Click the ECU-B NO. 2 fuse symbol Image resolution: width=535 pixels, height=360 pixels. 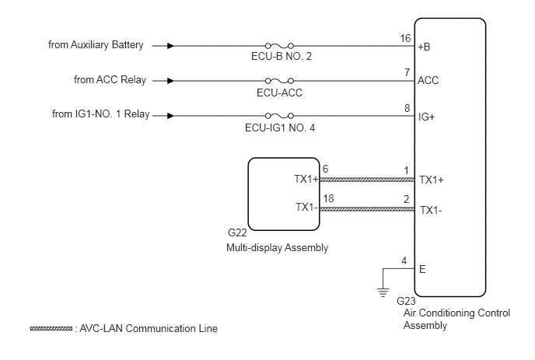coord(279,46)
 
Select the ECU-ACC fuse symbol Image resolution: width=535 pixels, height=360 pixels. coord(279,81)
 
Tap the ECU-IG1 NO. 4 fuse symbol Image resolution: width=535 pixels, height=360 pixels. coord(279,116)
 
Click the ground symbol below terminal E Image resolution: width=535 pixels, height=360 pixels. coord(383,293)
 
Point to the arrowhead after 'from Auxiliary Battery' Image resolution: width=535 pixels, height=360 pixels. coord(170,46)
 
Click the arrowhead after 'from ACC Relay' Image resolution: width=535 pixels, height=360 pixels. coord(170,81)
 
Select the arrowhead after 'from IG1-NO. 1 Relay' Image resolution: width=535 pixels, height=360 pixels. coord(170,116)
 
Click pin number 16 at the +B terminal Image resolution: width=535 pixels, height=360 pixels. coord(405,38)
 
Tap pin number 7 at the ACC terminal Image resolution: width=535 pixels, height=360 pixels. coord(407,72)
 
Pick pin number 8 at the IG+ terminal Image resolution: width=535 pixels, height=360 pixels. coord(407,108)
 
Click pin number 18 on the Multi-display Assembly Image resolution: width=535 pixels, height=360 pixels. coord(328,198)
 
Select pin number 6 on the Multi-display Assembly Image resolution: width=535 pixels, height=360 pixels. coord(326,169)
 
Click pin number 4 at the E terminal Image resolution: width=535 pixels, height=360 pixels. coord(404,261)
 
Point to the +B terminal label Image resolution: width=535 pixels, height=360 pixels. coord(424,47)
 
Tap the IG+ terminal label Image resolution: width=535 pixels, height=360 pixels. coord(426,117)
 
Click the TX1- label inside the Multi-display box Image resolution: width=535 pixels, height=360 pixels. coord(306,207)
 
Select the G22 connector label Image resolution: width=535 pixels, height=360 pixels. coord(237,232)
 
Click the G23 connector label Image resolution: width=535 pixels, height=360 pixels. coord(406,301)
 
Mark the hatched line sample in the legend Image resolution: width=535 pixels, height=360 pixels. coord(51,329)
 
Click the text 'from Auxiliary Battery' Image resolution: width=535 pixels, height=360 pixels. coord(96,45)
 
